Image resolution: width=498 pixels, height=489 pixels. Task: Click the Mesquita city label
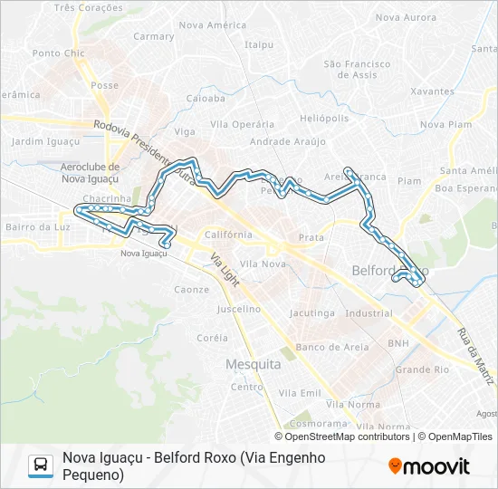tap(252, 364)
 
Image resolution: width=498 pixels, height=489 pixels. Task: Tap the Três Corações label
tap(89, 7)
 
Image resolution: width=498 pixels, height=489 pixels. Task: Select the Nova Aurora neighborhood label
tap(406, 17)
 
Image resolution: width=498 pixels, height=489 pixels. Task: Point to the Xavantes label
tap(432, 91)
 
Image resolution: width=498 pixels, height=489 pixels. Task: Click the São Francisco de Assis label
tap(357, 70)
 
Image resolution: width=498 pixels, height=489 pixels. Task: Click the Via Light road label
tap(224, 269)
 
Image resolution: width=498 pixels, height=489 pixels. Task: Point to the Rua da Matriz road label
tap(476, 350)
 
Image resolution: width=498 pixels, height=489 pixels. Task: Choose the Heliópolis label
tap(324, 119)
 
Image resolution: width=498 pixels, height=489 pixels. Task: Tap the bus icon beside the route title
tap(41, 465)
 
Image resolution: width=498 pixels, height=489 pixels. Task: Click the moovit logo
tap(428, 466)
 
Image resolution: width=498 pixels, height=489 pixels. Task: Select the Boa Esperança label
tap(467, 188)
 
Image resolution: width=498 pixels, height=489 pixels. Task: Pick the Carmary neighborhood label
tap(153, 37)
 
